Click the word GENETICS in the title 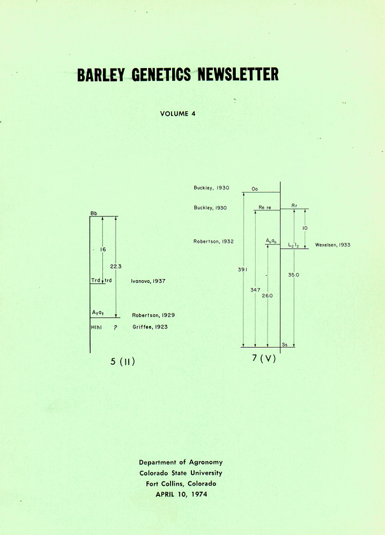(161, 74)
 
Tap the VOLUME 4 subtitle (178, 114)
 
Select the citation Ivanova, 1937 (148, 281)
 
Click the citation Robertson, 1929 (153, 315)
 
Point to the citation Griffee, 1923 (150, 327)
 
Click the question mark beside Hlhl (116, 327)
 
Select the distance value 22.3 (116, 266)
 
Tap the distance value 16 (103, 249)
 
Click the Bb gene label (94, 214)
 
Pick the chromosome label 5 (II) (123, 361)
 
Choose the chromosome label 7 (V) (264, 358)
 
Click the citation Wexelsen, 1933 (333, 245)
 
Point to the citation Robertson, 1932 (213, 242)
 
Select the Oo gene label (255, 189)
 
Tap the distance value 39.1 (243, 270)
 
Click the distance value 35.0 (294, 275)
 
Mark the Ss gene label (284, 345)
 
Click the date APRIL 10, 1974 (181, 494)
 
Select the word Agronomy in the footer (206, 462)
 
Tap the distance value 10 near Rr (305, 228)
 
